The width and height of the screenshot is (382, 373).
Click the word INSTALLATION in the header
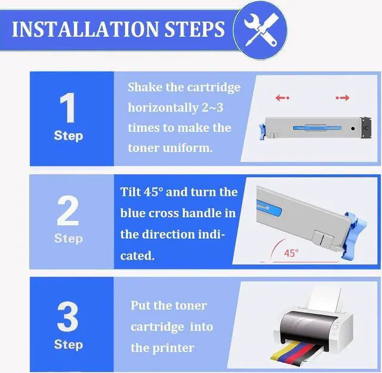point(85,29)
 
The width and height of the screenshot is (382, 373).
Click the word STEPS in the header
point(195,29)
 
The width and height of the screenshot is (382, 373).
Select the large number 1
point(67,107)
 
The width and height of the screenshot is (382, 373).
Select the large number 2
point(67,211)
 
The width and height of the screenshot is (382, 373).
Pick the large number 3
point(67,316)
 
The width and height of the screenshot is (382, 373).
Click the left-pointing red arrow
point(282,98)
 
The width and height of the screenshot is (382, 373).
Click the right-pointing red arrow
point(343,98)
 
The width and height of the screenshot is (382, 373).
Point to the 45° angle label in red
point(291,253)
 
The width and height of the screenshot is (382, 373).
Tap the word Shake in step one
point(145,87)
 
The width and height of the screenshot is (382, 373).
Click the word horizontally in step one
point(163,108)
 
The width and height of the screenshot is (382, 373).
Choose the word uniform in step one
point(187,148)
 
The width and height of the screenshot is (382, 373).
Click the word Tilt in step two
point(131,192)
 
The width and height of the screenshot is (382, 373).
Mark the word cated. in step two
point(137,256)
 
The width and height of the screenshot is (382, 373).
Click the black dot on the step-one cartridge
point(353,128)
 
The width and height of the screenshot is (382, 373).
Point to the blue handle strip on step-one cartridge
point(317,128)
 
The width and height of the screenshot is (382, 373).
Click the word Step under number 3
point(69,345)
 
